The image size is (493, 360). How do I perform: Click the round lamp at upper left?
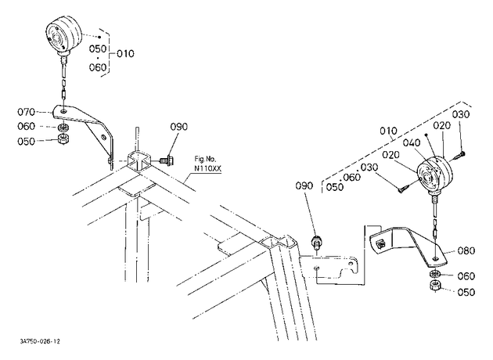(x=64, y=35)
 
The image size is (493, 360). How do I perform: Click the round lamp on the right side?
(x=435, y=175)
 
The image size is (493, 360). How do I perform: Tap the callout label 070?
(x=26, y=112)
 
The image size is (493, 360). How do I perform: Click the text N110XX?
(x=207, y=168)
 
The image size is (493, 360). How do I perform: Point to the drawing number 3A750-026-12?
(x=40, y=341)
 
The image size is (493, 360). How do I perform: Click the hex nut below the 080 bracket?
(x=435, y=286)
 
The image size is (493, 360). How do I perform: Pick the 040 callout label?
(x=412, y=142)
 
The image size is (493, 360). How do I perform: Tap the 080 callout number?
(x=466, y=250)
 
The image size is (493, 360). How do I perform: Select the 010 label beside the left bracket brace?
(x=125, y=54)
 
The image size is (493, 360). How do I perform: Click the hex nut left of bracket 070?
(x=64, y=139)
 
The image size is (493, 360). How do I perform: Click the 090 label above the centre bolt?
(x=304, y=185)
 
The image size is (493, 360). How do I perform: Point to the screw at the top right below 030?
(x=459, y=155)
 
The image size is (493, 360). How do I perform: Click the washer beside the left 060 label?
(x=64, y=128)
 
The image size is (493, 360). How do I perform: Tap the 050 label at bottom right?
(x=466, y=293)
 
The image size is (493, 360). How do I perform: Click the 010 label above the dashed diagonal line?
(x=388, y=131)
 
